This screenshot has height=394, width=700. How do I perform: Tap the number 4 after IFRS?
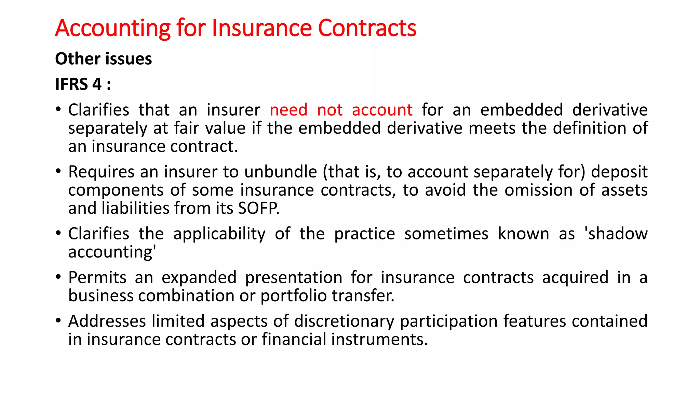tap(97, 84)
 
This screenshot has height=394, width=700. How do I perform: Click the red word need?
tap(288, 110)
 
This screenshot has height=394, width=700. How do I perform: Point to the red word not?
tap(329, 110)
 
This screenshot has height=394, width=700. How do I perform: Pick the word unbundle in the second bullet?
tap(281, 172)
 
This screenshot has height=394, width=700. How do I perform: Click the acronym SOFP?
tap(258, 208)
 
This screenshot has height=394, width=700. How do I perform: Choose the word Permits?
tap(97, 277)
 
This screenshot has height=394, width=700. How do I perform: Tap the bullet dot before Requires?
tap(58, 171)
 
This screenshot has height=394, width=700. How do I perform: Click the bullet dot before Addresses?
tap(58, 321)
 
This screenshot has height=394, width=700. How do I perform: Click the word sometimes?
tap(446, 234)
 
